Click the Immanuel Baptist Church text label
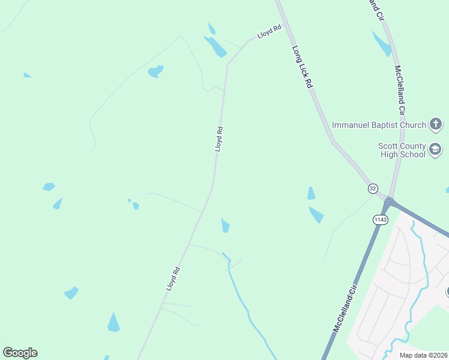pos(378,124)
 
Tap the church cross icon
pos(436,124)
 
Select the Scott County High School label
pos(402,150)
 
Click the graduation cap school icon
pos(436,149)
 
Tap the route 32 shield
pos(373,188)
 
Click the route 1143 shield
pos(380,220)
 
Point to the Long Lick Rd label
pos(303,67)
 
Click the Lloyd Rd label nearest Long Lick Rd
pos(270,31)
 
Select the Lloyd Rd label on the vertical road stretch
pos(219,138)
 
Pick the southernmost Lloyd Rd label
pos(173,279)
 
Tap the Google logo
pos(20,353)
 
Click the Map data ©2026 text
pos(423,355)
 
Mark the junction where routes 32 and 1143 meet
pos(389,200)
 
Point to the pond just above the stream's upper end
pos(225,226)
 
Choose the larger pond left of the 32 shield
pos(316,214)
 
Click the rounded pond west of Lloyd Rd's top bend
pos(156,71)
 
